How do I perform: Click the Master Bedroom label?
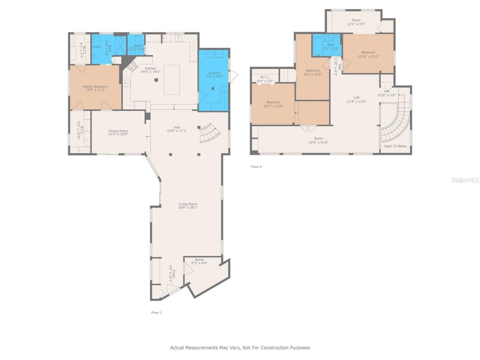[x=95, y=87]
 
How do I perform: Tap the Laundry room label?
[x=214, y=73]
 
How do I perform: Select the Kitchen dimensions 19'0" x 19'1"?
[x=150, y=72]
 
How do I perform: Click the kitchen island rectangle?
[x=171, y=80]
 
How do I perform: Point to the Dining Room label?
[x=118, y=131]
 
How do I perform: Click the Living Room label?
[x=188, y=204]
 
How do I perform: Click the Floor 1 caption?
[x=156, y=312]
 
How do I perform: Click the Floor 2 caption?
[x=256, y=167]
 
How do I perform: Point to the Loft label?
[x=356, y=97]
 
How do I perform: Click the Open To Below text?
[x=395, y=146]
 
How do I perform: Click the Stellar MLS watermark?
[x=465, y=180]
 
